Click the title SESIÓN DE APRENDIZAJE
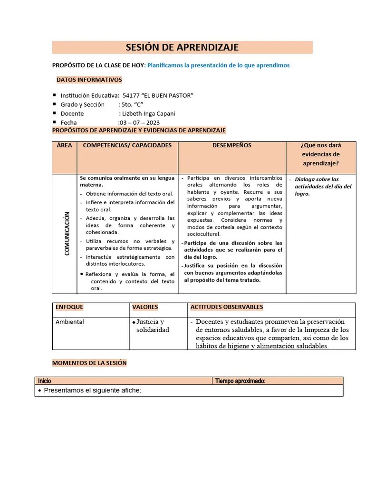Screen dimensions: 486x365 click(x=182, y=47)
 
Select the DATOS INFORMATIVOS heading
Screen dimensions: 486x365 click(x=89, y=80)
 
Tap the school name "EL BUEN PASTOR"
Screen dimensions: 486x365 click(x=158, y=95)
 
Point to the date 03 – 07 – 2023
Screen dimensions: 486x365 click(x=139, y=122)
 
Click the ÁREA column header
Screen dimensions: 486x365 click(x=64, y=146)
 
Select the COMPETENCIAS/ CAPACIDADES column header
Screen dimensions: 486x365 click(x=127, y=146)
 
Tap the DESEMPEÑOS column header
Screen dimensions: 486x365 click(x=232, y=146)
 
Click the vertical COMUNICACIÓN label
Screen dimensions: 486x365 click(x=67, y=234)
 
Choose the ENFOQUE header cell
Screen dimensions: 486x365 click(x=69, y=308)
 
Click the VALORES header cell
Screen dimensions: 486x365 click(x=145, y=308)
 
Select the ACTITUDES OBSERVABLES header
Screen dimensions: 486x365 click(x=226, y=308)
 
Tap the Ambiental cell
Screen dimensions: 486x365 click(x=69, y=322)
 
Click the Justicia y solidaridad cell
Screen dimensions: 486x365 click(x=153, y=326)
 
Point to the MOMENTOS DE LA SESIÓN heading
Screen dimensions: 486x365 click(x=89, y=363)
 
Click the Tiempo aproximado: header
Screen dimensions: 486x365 click(x=240, y=381)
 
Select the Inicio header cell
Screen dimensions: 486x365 click(x=45, y=381)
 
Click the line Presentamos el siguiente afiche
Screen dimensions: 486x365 click(x=93, y=391)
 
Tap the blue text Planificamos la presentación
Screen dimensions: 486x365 click(x=218, y=65)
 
